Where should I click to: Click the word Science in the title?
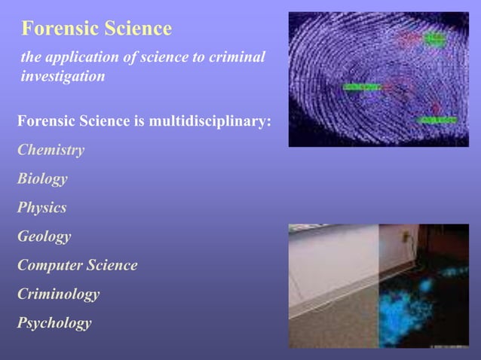click(137, 29)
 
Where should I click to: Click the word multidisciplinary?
click(211, 121)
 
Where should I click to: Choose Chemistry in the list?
click(51, 150)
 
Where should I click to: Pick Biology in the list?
click(42, 178)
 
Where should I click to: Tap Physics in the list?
click(42, 208)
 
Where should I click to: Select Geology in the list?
click(44, 236)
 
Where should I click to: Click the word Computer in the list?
click(49, 265)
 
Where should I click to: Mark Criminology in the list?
click(59, 294)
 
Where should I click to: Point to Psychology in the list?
click(54, 323)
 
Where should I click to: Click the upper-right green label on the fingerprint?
click(434, 37)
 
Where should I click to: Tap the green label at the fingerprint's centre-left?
click(361, 87)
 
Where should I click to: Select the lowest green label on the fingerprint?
click(437, 120)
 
